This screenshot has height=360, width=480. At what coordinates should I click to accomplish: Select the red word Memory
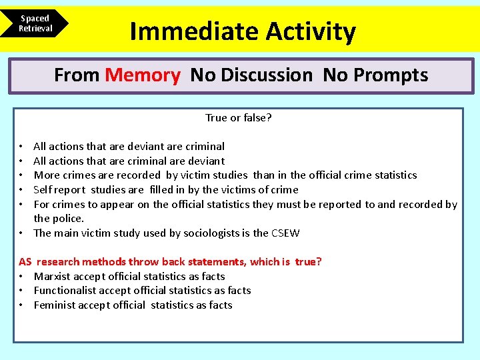[143, 75]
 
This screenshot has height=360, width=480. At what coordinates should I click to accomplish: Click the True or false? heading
[238, 118]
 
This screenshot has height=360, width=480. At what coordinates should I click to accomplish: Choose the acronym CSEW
[285, 233]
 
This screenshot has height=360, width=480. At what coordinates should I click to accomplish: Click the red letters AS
[25, 262]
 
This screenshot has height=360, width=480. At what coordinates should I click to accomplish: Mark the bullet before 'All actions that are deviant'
[22, 147]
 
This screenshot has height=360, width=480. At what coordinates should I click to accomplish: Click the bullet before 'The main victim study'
[22, 233]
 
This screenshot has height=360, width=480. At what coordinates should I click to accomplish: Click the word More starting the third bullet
[46, 175]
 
